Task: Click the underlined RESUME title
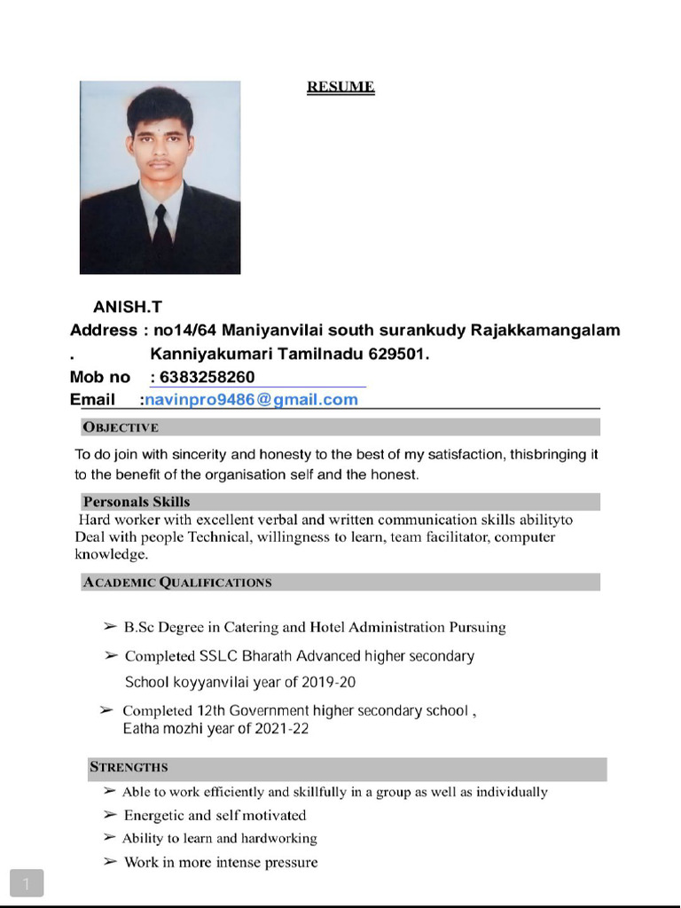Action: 340,87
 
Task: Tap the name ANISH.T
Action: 128,308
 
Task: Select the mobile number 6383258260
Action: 207,377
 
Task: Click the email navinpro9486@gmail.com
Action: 252,399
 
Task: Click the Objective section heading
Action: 121,427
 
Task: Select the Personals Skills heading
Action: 136,502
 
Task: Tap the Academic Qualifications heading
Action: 177,583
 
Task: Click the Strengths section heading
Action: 129,767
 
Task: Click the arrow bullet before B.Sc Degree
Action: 110,627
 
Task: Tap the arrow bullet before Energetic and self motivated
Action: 110,815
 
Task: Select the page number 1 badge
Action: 27,883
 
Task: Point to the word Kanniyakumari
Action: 205,354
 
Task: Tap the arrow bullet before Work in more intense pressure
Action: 110,862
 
